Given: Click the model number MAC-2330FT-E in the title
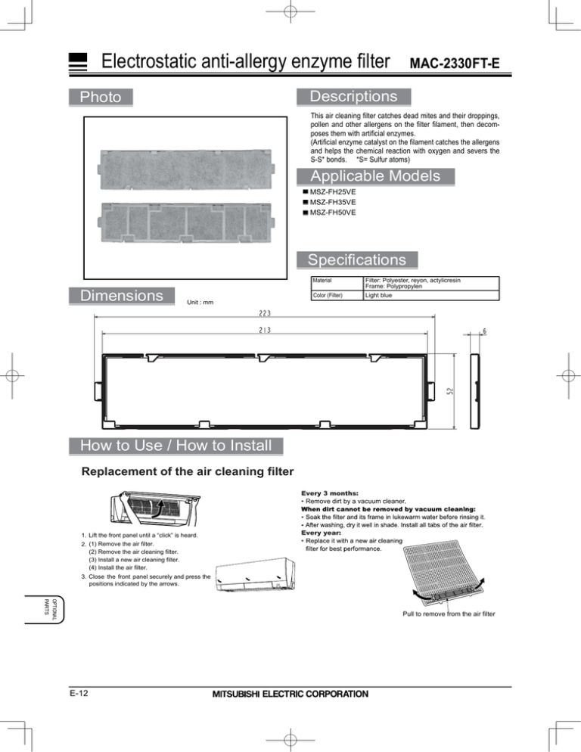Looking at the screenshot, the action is pos(455,64).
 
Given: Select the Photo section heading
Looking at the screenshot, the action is pos(101,97).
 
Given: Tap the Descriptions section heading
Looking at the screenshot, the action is pos(353,96).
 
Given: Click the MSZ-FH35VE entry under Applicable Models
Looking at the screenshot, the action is pos(332,202).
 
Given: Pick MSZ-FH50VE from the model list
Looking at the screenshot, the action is pos(332,213).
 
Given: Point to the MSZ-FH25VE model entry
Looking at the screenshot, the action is pos(332,192).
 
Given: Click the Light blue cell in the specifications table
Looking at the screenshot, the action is pos(378,295).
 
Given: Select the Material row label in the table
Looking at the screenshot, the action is pos(322,280).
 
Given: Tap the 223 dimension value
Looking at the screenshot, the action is pos(265,313).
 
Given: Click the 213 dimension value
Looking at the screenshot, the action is pos(265,330).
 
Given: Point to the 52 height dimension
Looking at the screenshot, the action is pos(450,391).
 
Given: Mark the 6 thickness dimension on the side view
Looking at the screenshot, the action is pos(485,331).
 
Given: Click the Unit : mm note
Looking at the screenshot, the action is pos(200,302).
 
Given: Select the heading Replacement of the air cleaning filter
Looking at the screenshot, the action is pos(188,471).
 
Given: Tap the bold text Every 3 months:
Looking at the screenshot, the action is pos(330,493).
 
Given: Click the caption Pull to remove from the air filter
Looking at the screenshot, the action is pos(449,614).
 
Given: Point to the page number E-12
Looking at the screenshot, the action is pos(79,694).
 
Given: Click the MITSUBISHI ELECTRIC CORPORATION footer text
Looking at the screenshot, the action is pos(290,694).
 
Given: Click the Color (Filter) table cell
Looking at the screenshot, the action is pos(328,295).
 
